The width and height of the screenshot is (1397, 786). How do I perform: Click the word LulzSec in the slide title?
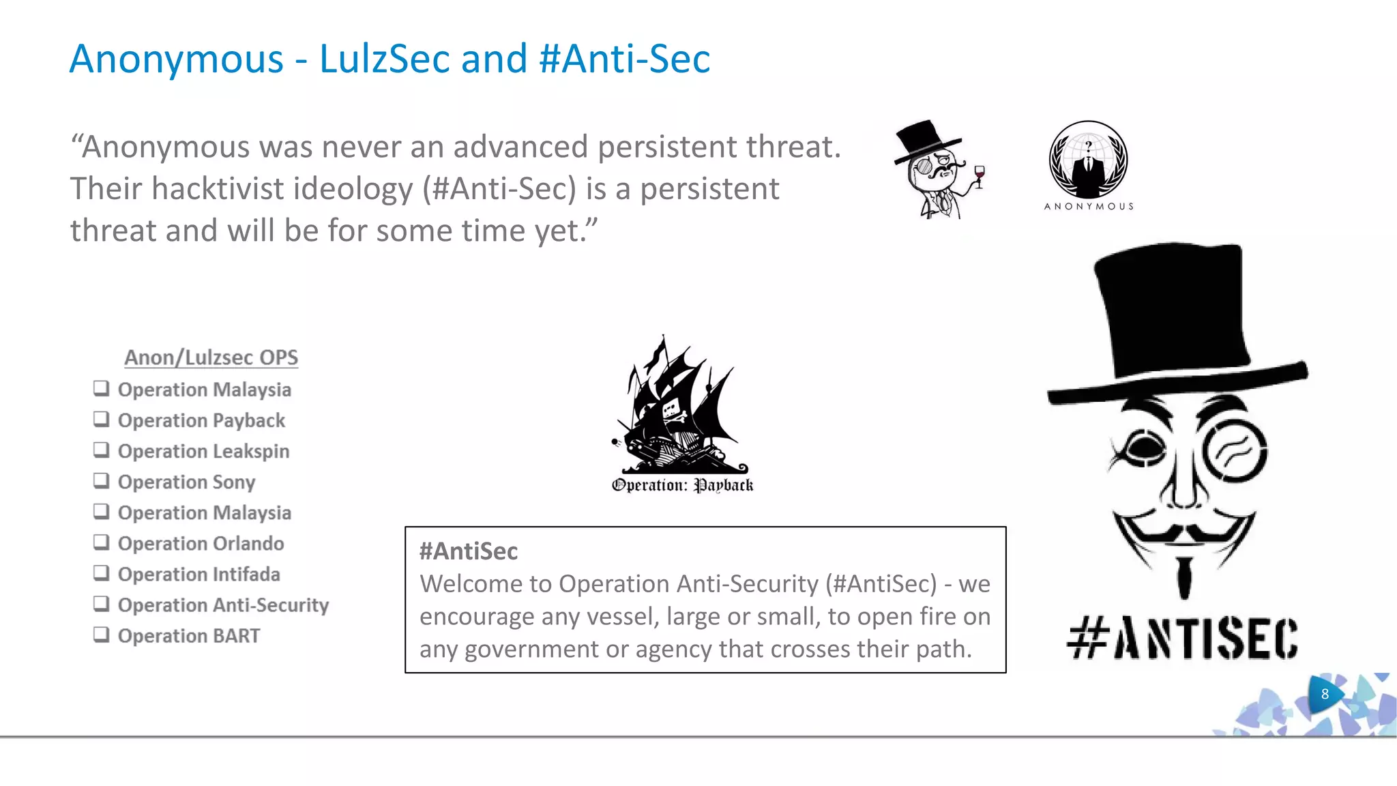(384, 59)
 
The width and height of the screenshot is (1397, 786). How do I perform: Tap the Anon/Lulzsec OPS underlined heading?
(211, 358)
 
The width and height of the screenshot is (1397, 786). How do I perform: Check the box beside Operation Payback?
(102, 419)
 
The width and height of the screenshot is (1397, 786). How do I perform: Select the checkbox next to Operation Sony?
(102, 480)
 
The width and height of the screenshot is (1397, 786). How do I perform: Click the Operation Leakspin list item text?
(203, 451)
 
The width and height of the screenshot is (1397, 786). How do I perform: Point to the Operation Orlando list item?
(201, 543)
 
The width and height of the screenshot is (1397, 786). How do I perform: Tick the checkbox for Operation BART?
(102, 635)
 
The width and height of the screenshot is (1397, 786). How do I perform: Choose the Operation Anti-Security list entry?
(223, 605)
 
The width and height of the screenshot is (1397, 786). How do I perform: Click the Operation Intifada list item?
(198, 574)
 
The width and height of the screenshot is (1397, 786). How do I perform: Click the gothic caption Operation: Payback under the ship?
(682, 485)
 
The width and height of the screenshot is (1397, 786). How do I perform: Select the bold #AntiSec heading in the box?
(469, 551)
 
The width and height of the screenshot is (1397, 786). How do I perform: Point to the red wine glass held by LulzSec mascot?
(980, 175)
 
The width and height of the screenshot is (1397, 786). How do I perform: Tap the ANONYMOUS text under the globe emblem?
(1089, 206)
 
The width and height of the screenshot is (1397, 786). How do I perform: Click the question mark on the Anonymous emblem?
(1089, 145)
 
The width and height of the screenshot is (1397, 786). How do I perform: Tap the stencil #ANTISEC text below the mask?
(1182, 639)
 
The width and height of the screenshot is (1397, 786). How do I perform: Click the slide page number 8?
(1325, 694)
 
